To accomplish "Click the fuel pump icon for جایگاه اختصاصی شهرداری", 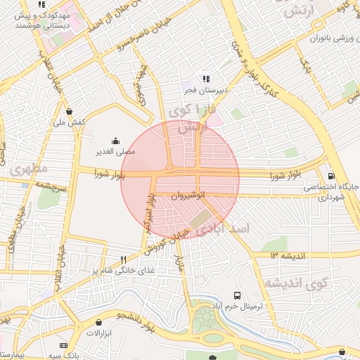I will coord(330,176).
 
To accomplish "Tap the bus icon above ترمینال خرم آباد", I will coord(237,295).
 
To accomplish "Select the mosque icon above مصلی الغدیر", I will coord(115,141).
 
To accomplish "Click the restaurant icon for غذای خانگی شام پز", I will coord(123,259).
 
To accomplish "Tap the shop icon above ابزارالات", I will coord(98,322).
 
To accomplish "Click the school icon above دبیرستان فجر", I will coord(206,79).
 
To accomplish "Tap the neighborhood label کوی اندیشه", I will coord(296,283).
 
